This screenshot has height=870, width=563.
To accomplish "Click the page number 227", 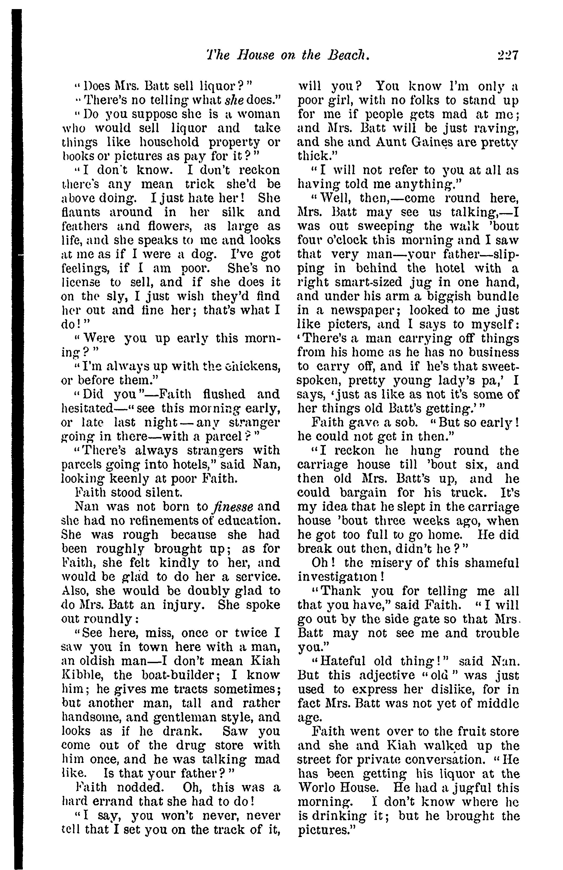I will coord(508,55).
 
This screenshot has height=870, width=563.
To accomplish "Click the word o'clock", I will coord(366,240).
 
